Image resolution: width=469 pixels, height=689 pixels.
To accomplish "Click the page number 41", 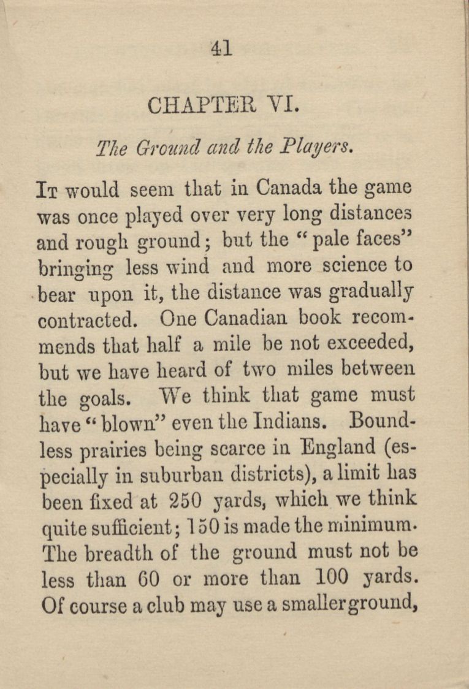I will pyautogui.click(x=221, y=47).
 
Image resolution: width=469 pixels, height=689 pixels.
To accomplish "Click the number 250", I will pyautogui.click(x=185, y=502).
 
